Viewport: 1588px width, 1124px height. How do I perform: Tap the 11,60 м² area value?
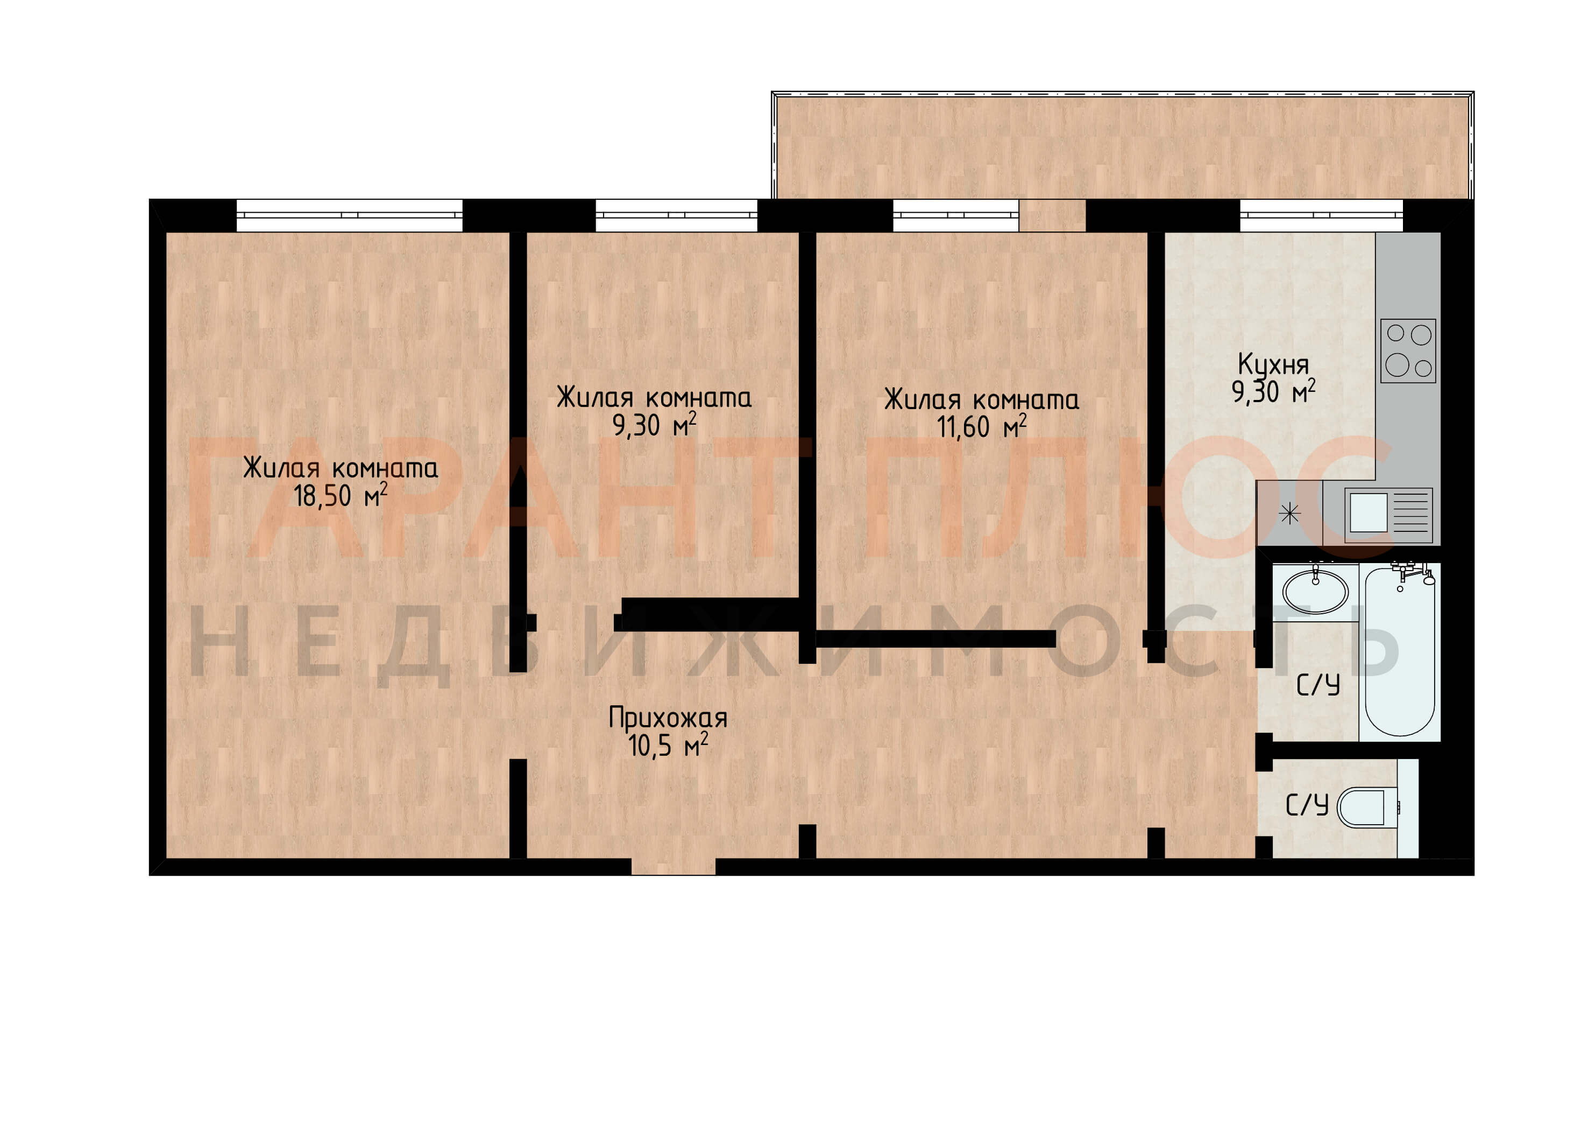(981, 427)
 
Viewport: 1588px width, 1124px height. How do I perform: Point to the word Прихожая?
(668, 719)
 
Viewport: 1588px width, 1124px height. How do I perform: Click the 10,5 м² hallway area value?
(668, 746)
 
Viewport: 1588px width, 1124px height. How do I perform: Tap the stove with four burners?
(1408, 351)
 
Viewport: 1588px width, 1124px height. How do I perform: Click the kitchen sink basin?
(1369, 512)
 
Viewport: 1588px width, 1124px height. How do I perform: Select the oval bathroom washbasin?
(1315, 592)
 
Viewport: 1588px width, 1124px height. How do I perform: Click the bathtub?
(1400, 651)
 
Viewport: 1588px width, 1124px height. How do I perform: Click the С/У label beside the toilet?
(1307, 805)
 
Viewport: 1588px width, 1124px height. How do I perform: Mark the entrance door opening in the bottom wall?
(673, 867)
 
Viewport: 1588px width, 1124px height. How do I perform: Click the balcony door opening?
(1052, 215)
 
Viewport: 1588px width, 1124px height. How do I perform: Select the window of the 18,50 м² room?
(349, 215)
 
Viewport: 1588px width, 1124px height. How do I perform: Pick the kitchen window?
(1321, 215)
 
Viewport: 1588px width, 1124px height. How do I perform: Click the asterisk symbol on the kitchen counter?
(1290, 514)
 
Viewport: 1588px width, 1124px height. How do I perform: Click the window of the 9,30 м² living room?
(676, 215)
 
